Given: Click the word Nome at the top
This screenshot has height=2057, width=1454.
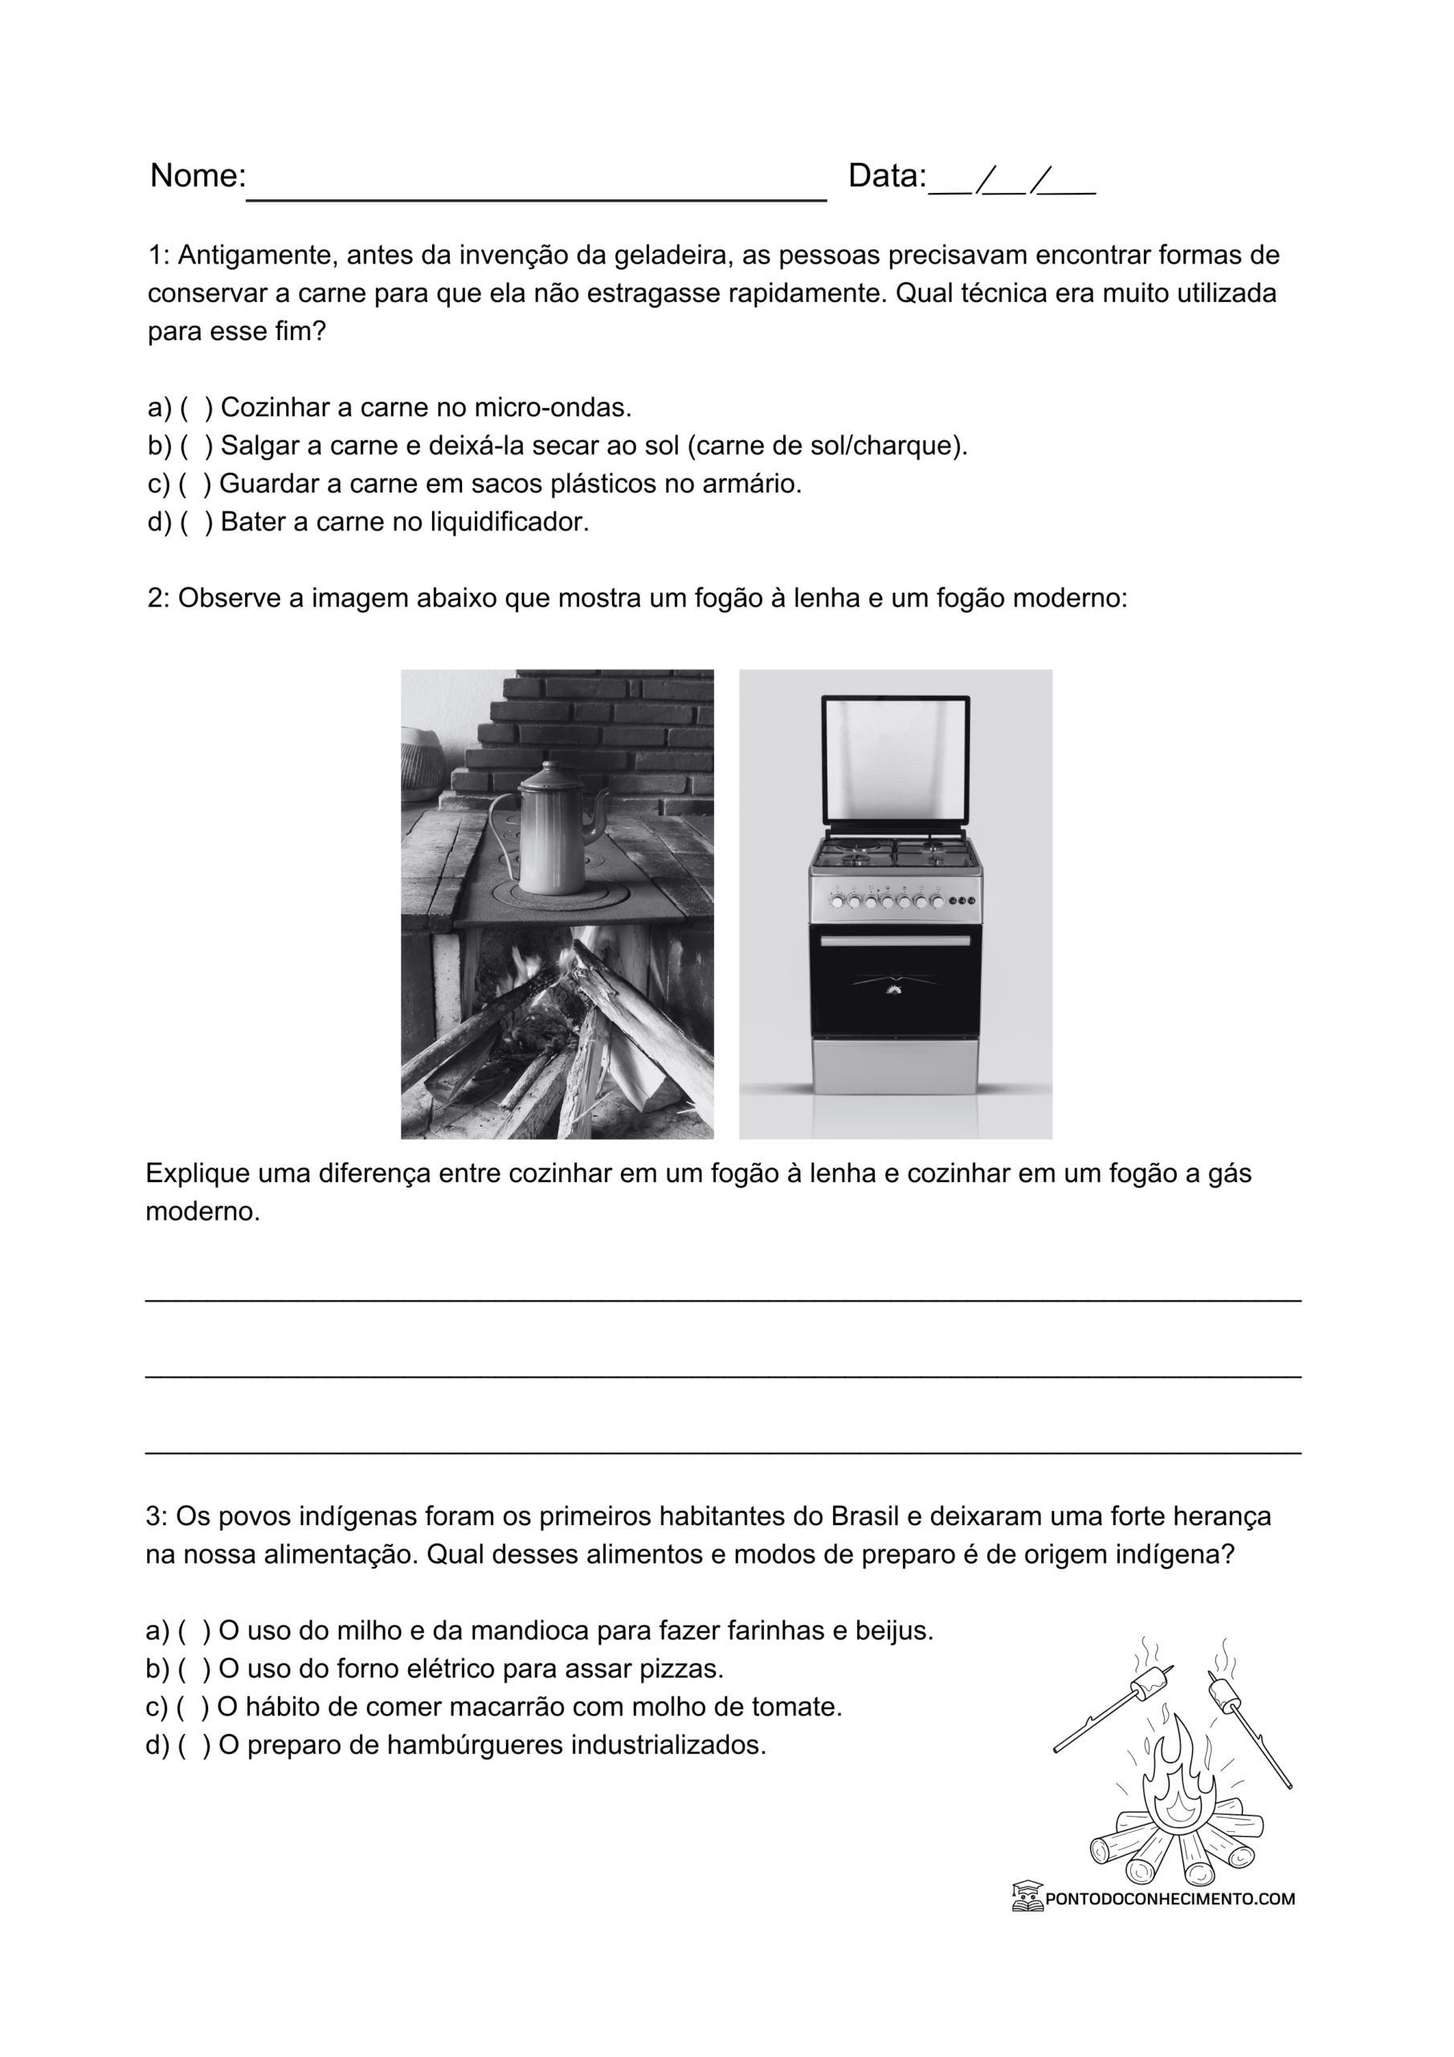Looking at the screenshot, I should (x=196, y=176).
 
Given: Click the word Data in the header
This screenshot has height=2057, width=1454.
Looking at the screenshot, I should (x=886, y=176).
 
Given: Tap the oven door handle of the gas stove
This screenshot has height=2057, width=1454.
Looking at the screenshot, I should (x=895, y=941).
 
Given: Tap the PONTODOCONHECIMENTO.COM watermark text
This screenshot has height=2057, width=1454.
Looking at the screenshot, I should (x=1169, y=1898).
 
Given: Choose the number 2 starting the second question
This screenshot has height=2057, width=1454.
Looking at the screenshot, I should (x=156, y=598).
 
